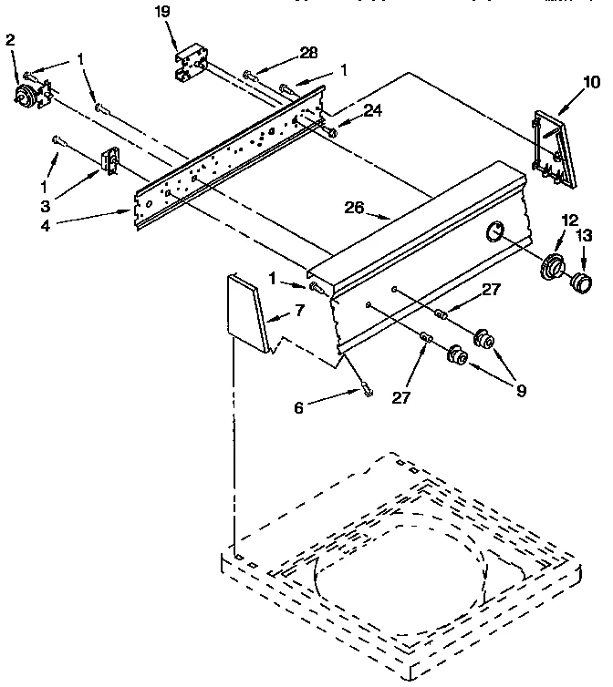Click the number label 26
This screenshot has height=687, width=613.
click(354, 208)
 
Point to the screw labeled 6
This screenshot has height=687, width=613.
click(366, 390)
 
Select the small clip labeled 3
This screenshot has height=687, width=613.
click(110, 162)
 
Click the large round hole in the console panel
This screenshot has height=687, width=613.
click(494, 231)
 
